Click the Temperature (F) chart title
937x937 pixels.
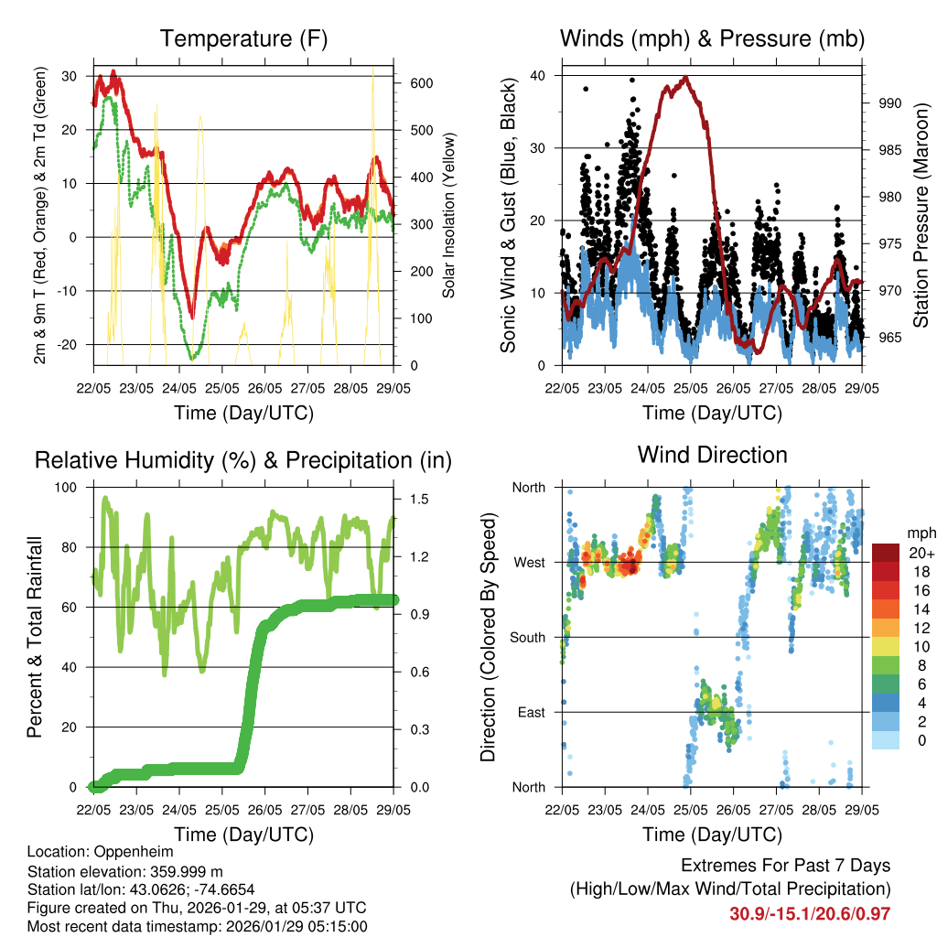(242, 39)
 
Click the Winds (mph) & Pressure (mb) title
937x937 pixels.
(712, 39)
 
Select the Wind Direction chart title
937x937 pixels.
(712, 455)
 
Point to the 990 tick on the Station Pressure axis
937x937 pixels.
(889, 103)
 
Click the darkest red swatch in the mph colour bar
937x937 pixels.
(885, 553)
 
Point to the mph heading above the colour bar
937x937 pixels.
(919, 533)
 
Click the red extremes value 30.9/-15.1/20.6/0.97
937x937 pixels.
(810, 913)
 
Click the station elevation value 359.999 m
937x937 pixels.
(179, 871)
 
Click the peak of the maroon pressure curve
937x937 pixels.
(684, 78)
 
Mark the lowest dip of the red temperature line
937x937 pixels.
(191, 317)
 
